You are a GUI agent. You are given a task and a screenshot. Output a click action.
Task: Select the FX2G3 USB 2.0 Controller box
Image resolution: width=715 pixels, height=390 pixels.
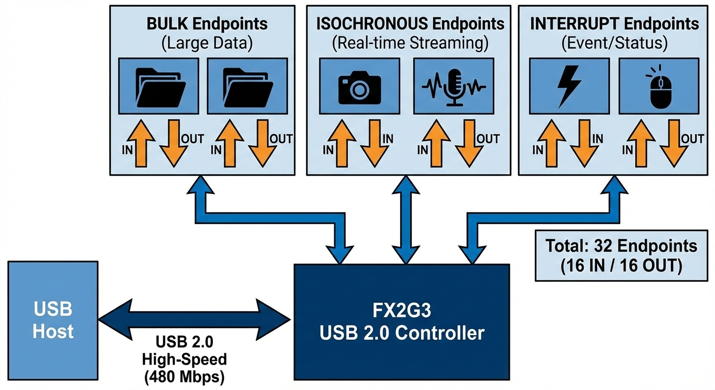point(402,322)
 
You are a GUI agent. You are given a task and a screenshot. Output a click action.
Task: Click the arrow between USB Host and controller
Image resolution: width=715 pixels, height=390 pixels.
point(194,318)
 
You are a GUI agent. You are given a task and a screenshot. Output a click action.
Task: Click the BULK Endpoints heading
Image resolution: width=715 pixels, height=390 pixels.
point(207,24)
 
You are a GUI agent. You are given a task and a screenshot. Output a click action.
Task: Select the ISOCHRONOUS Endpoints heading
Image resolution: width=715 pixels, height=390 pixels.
point(410,24)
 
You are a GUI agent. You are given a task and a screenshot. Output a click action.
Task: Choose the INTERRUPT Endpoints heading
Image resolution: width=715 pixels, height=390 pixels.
point(614,24)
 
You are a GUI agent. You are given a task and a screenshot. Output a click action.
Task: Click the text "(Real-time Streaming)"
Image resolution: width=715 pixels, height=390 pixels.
point(410,43)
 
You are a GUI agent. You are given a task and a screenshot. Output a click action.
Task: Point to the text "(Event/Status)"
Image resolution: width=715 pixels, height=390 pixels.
point(614,43)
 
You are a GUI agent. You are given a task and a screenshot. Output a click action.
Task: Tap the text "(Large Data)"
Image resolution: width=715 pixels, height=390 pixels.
point(207,43)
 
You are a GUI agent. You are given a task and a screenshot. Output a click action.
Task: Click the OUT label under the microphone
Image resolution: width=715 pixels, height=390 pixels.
point(489,138)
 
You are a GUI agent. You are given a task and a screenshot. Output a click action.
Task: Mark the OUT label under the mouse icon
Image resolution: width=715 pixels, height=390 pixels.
point(692,138)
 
